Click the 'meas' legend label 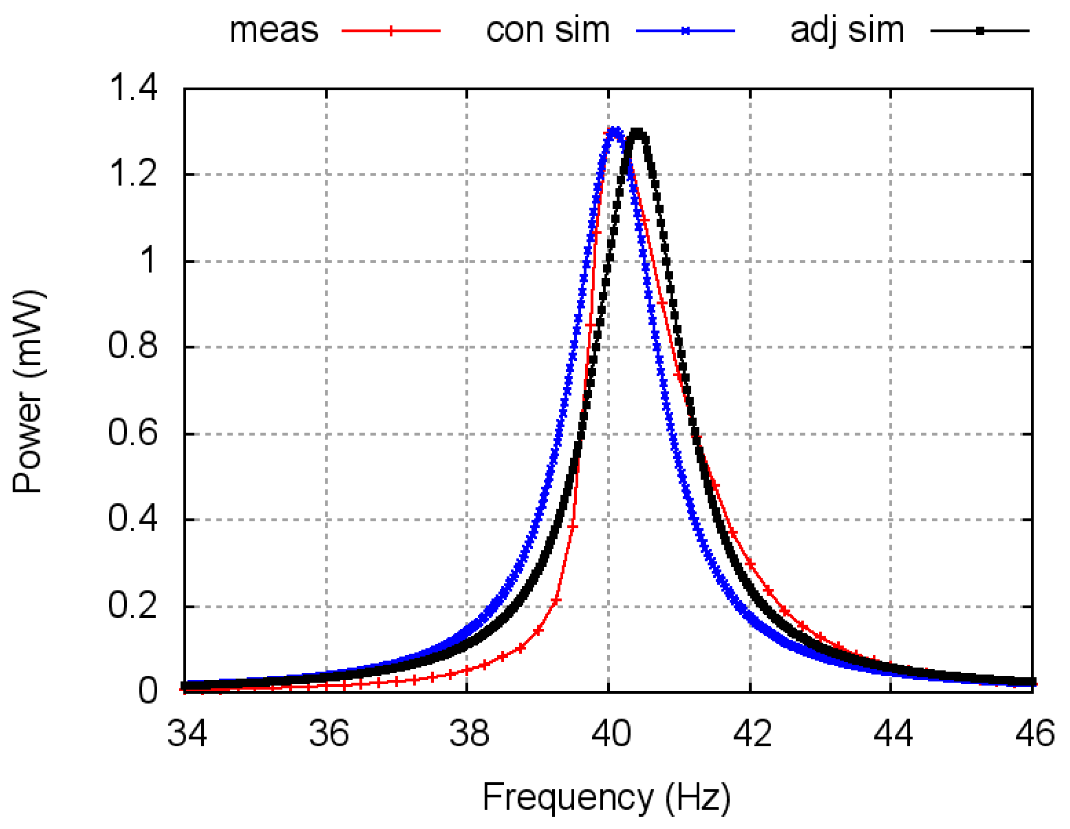point(274,30)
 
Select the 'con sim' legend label point(547,30)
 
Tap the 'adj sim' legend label point(847,30)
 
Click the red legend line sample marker point(391,31)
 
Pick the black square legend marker point(980,31)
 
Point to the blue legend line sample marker point(686,31)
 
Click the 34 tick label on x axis point(187,733)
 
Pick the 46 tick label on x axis point(1034,733)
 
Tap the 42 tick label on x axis point(752,733)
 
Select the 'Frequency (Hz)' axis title point(606,797)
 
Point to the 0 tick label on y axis point(148,691)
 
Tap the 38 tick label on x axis point(469,733)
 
